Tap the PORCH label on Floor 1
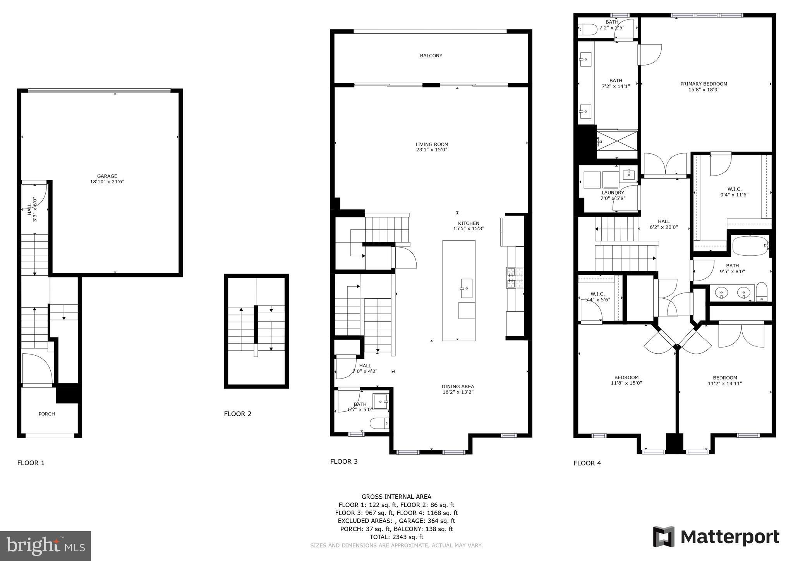click(46, 414)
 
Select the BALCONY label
click(431, 56)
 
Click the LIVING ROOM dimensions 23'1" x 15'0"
click(431, 150)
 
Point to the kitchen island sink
click(466, 288)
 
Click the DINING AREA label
click(458, 386)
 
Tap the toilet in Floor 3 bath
click(379, 423)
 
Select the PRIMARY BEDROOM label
click(704, 84)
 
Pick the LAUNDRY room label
click(613, 193)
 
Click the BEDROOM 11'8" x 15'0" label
click(626, 380)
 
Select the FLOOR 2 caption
click(237, 414)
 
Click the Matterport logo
click(716, 537)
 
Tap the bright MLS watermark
click(46, 546)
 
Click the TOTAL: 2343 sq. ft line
click(396, 537)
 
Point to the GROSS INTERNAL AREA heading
click(396, 497)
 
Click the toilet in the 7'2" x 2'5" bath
click(587, 29)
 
